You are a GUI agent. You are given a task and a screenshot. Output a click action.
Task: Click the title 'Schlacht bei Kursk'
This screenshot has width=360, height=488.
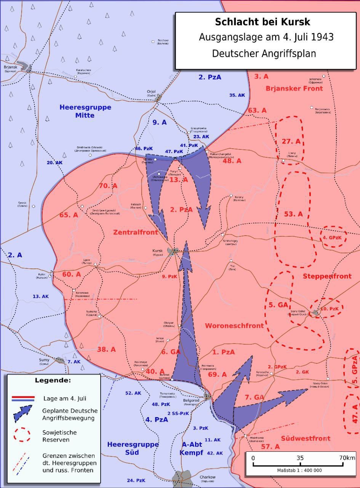(262, 22)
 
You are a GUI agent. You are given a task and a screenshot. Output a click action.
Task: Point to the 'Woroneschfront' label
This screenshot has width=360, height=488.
(234, 326)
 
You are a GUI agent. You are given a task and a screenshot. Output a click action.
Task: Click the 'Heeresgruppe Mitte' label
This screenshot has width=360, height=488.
(85, 111)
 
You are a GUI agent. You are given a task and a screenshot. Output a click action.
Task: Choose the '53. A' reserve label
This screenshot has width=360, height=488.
(293, 214)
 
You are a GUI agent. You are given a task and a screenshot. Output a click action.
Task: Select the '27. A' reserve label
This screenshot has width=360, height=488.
(291, 142)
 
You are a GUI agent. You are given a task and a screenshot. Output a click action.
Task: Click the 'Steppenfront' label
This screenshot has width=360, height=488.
(327, 276)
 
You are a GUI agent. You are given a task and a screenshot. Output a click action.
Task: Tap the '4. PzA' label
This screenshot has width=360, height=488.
(157, 419)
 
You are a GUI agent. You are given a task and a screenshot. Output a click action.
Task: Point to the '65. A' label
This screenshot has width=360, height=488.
(69, 215)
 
